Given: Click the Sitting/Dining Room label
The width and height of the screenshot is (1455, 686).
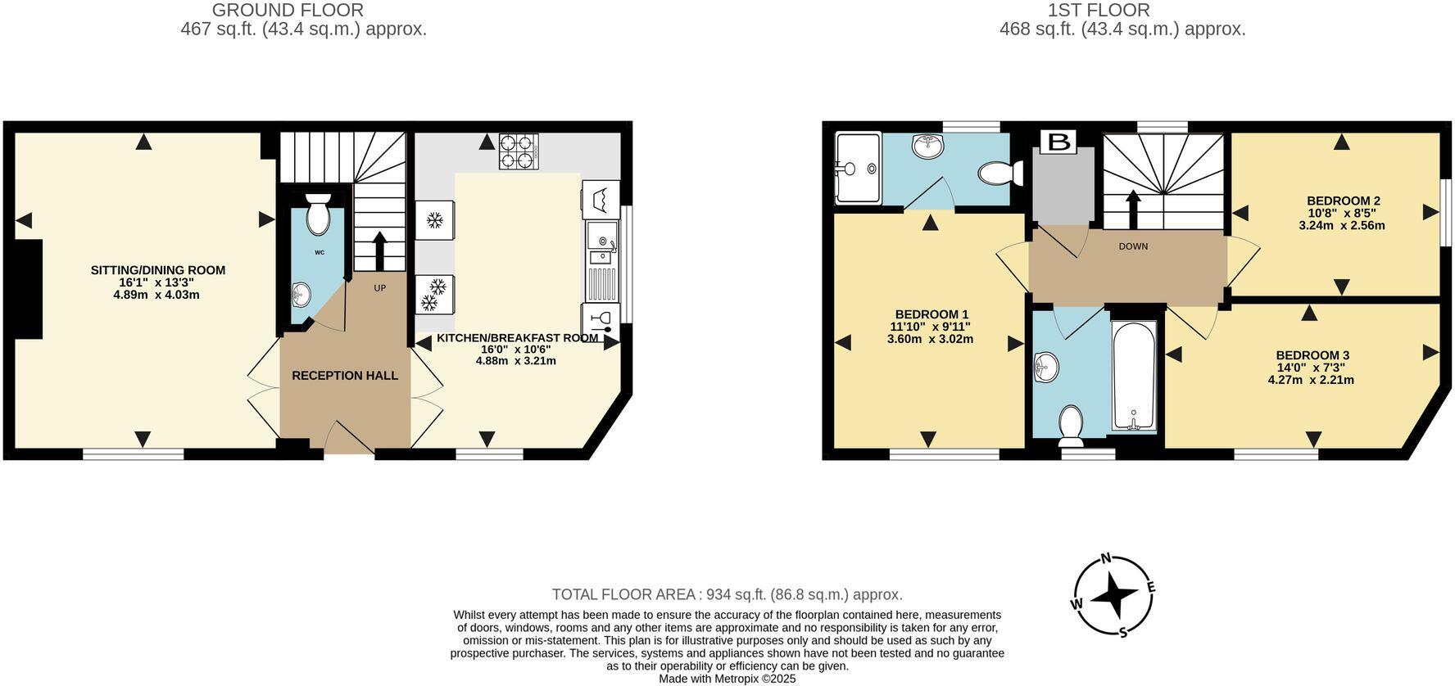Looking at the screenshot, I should tap(157, 270).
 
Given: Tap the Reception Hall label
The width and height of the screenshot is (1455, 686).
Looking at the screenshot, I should tap(345, 376).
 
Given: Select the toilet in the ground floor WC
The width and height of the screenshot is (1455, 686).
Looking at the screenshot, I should tap(318, 215).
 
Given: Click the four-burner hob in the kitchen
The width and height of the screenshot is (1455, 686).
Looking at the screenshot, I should tap(519, 151).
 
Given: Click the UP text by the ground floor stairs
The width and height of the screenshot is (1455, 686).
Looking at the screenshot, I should tap(380, 288).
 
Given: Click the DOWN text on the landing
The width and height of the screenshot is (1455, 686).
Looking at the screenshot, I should tap(1133, 246).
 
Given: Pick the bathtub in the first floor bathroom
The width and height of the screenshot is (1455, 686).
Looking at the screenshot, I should tap(1134, 375).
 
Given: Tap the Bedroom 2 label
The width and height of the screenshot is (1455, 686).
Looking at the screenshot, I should tap(1343, 201).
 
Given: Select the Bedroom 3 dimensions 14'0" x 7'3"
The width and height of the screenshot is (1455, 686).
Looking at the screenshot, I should tap(1311, 368).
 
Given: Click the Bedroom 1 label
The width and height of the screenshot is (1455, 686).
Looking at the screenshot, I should tap(931, 314).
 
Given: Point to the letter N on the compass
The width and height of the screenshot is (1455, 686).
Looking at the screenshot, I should tap(1105, 559).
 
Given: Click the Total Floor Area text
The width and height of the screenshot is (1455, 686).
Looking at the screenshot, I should tap(727, 595).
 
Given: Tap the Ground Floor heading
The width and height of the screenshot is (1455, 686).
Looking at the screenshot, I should tap(288, 11).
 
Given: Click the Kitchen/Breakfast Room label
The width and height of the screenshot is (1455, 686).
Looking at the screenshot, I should tap(517, 338).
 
